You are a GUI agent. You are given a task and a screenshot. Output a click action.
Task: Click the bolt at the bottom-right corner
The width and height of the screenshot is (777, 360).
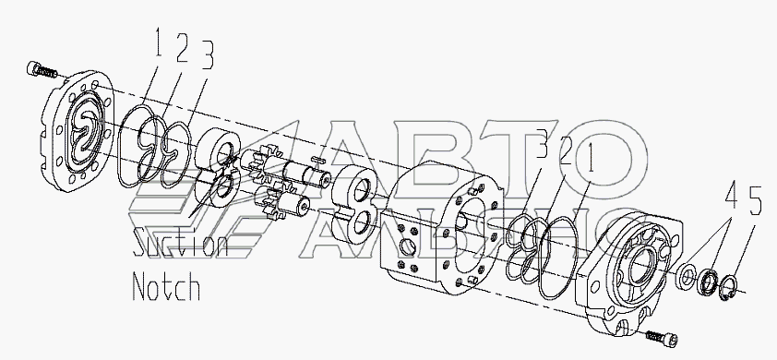point(663,338)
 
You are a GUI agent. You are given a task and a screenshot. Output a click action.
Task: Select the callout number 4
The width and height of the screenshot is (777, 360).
point(731,198)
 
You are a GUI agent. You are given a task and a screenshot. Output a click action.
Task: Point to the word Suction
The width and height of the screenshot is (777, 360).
point(180,244)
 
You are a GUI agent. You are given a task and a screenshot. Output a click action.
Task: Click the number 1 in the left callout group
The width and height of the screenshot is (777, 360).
point(158,44)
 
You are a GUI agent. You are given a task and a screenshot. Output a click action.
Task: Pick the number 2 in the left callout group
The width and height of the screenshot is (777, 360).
point(182,48)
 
